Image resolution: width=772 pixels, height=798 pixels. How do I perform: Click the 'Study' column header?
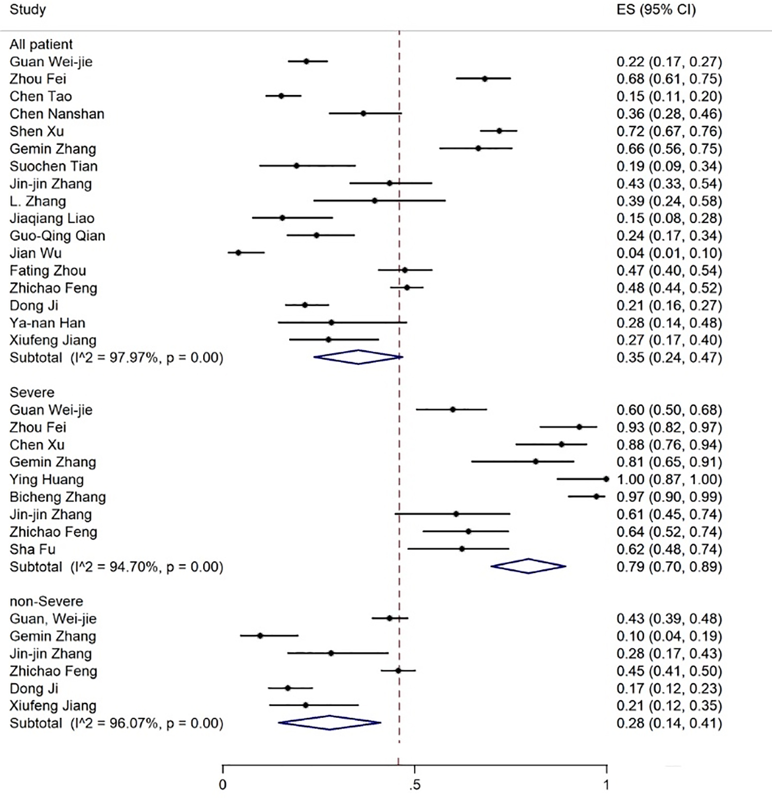28,10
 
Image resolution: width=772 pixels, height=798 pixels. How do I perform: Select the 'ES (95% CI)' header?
656,10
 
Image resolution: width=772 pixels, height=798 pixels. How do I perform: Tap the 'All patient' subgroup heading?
41,44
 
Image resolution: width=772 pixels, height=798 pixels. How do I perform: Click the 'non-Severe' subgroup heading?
46,601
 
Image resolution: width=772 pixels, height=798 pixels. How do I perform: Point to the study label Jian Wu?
36,253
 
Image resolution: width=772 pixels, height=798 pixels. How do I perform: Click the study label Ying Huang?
46,479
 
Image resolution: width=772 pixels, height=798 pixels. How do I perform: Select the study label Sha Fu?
32,549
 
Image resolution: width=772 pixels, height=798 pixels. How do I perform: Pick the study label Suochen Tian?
54,166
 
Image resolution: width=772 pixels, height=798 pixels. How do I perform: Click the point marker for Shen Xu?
499,131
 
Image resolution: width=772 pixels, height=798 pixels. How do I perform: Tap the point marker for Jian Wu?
238,252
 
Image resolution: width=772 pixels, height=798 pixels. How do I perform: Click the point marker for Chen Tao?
281,96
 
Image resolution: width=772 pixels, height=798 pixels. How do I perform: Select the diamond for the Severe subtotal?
529,566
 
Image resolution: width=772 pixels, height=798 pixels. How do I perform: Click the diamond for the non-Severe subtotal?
329,723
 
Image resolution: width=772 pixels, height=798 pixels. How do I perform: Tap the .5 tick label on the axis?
415,786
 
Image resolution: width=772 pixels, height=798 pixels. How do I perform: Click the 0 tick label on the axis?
222,786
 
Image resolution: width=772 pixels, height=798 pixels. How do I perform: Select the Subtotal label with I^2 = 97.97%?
116,358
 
